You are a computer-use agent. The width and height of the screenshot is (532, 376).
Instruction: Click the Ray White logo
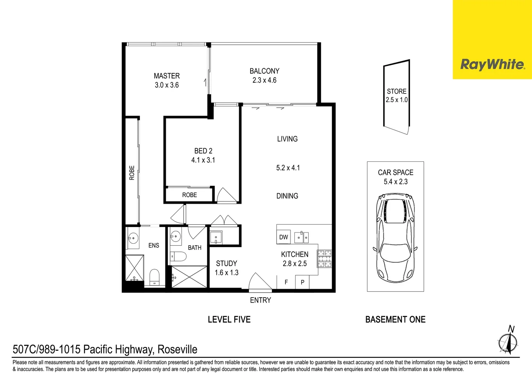492,64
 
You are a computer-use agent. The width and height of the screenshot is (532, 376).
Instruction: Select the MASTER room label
167,76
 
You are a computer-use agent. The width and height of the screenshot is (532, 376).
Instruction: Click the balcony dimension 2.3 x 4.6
264,80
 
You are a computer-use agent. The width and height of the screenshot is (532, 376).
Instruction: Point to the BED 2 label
203,151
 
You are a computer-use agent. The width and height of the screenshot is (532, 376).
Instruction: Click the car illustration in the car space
395,238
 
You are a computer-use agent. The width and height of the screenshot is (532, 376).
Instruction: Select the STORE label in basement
396,92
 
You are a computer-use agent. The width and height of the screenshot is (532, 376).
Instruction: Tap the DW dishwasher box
283,237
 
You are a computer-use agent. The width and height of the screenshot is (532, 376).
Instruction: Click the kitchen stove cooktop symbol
324,259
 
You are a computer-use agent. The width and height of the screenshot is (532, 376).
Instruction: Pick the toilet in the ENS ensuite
155,277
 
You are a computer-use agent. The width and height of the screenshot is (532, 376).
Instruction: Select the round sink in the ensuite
133,237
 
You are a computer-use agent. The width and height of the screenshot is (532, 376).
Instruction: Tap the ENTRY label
260,300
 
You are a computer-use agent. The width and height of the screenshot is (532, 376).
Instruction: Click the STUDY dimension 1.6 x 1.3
226,273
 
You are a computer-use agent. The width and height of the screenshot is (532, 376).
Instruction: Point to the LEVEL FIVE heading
229,320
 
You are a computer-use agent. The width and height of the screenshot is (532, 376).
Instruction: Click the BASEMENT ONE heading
395,320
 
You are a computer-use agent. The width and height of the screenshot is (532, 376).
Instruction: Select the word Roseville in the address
177,350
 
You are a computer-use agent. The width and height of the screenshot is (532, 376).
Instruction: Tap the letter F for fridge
286,282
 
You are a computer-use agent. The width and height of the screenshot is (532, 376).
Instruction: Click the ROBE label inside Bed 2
190,195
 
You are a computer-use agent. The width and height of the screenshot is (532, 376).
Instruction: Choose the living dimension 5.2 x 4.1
288,168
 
